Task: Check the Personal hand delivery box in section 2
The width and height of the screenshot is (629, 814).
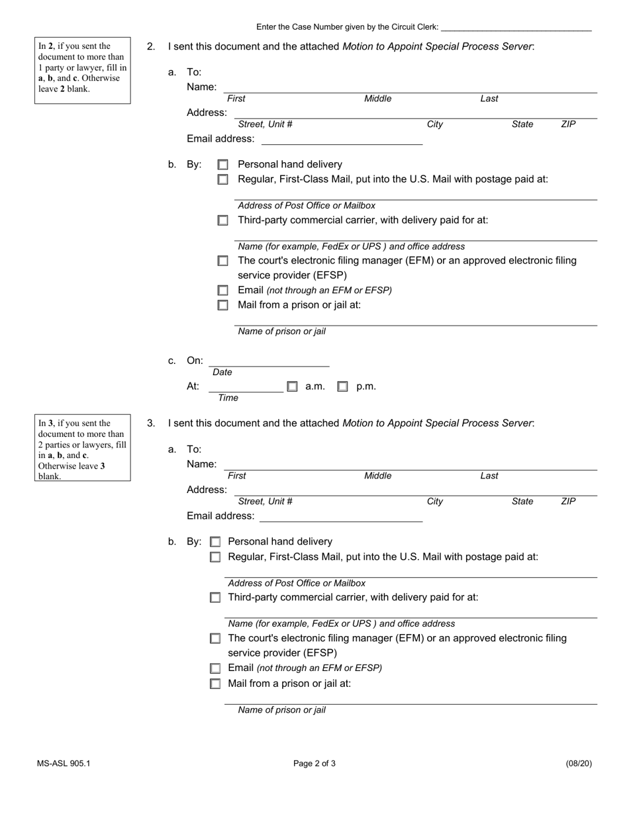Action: (223, 165)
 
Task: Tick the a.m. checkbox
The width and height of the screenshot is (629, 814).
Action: (292, 386)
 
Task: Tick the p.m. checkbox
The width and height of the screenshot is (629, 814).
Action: (342, 386)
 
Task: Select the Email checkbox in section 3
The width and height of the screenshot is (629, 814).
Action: (215, 668)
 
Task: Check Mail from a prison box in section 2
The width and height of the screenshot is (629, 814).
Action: (223, 305)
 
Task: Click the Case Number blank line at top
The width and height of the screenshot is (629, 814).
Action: (516, 28)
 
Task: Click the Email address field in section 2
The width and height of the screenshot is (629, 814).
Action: (342, 139)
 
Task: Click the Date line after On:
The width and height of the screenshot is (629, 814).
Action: (269, 361)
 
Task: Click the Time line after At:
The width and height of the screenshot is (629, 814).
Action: (246, 386)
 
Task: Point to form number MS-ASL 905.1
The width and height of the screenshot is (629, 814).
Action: (64, 763)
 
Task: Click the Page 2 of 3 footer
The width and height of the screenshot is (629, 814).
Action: (314, 763)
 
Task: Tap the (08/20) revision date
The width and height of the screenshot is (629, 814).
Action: (579, 763)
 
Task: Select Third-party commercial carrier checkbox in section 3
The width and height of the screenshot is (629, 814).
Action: (215, 598)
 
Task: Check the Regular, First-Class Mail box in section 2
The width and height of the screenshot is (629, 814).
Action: (223, 179)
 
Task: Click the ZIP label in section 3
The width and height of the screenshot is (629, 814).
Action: (568, 502)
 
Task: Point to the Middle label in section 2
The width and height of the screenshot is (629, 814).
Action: (377, 99)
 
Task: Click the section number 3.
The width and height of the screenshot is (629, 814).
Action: (151, 424)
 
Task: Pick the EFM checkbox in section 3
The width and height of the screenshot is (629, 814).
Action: (215, 639)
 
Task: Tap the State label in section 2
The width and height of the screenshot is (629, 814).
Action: (522, 124)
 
